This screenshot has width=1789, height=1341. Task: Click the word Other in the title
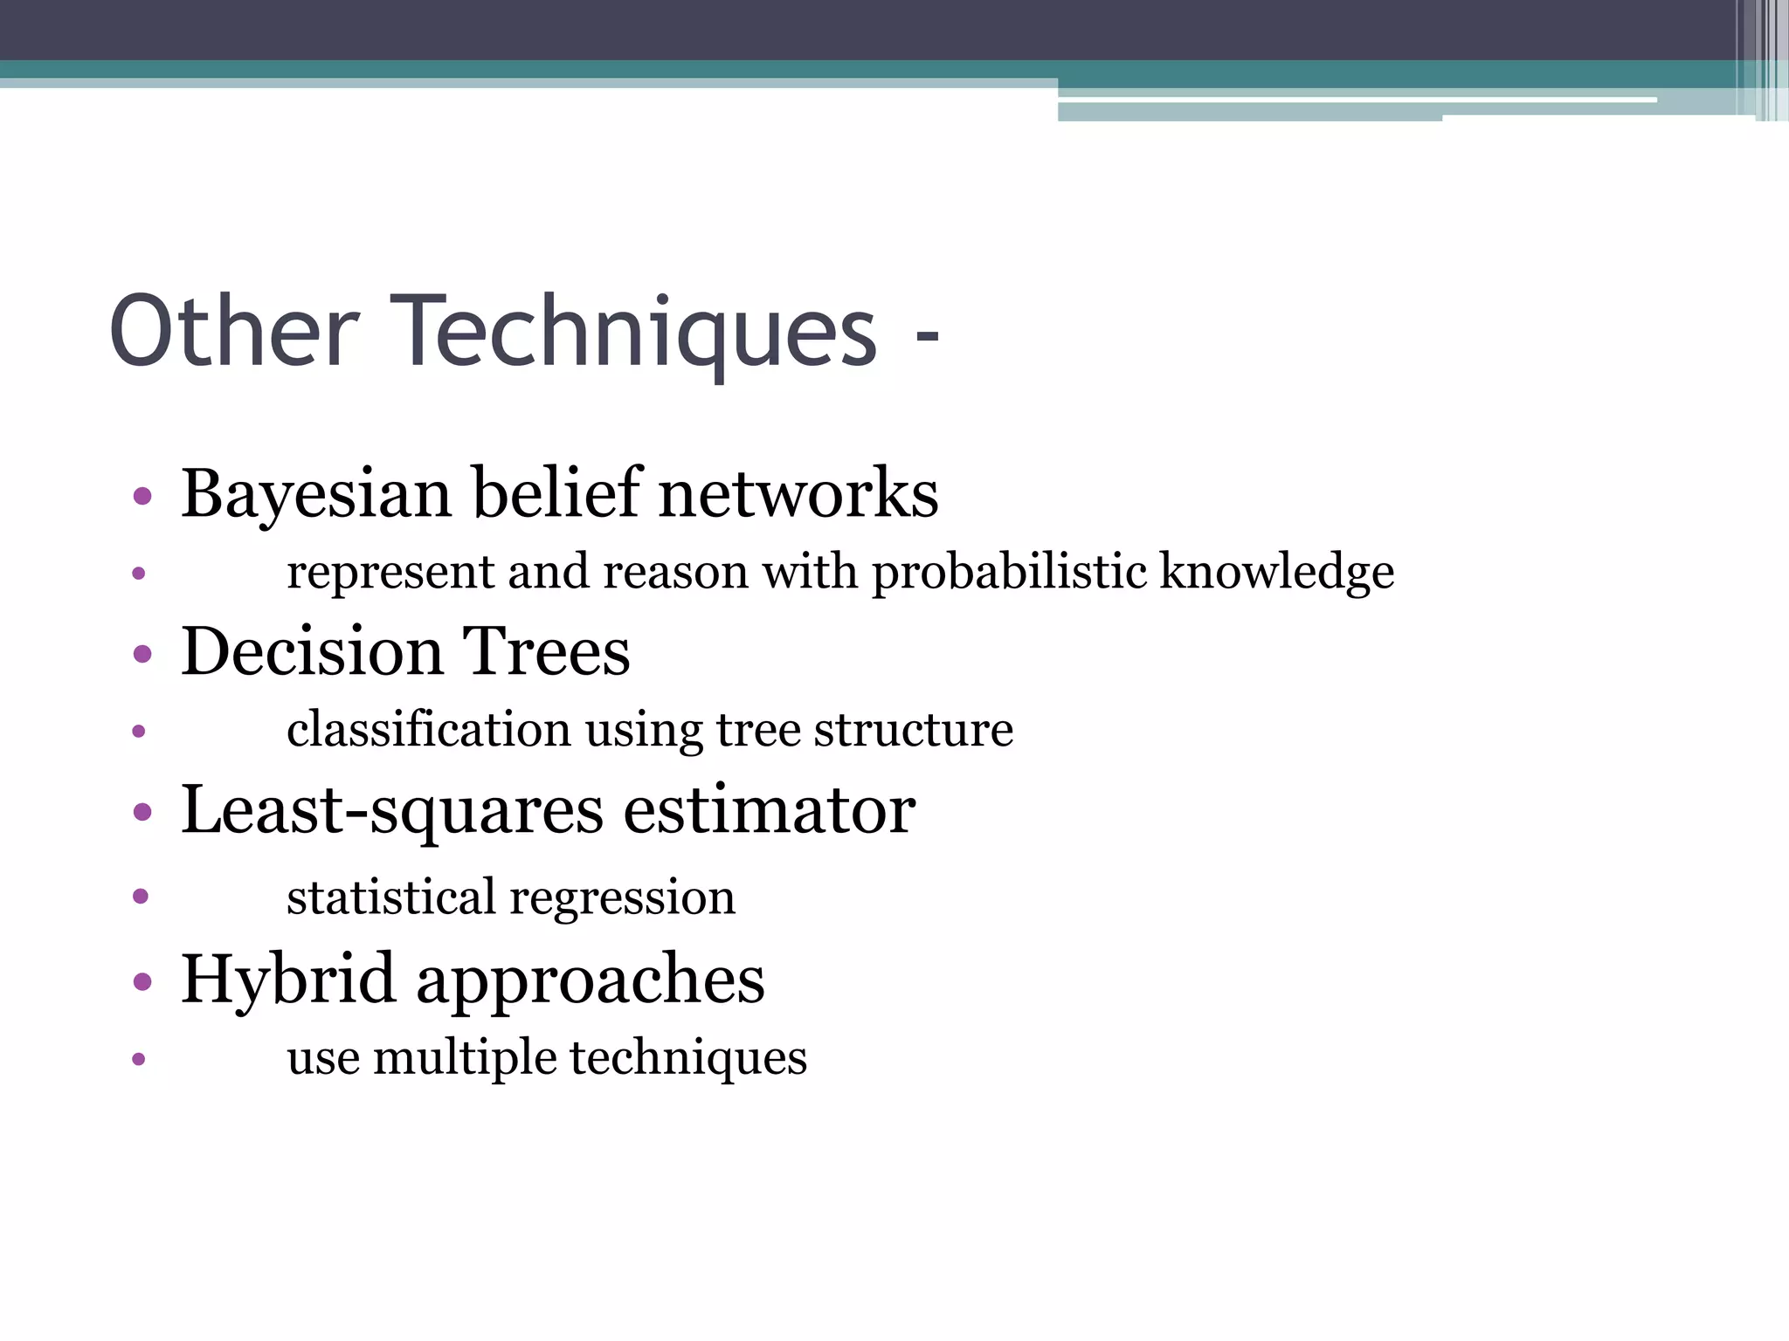[x=234, y=332]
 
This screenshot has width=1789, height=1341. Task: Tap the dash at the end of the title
[x=927, y=336]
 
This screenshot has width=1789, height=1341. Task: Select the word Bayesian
[x=315, y=494]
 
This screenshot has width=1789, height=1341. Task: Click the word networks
[x=798, y=494]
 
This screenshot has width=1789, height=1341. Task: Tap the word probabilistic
[x=1009, y=573]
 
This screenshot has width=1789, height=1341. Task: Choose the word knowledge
[x=1276, y=573]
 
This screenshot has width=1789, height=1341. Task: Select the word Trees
[x=545, y=651]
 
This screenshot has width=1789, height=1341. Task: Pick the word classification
[x=428, y=729]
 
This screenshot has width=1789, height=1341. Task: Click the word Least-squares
[x=391, y=810]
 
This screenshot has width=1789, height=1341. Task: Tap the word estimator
[x=769, y=810]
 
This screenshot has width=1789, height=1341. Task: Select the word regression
[x=622, y=897]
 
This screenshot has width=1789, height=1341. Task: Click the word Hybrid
[x=288, y=980]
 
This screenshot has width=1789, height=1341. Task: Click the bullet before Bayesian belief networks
[x=142, y=498]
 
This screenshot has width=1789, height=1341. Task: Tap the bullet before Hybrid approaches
[x=142, y=982]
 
